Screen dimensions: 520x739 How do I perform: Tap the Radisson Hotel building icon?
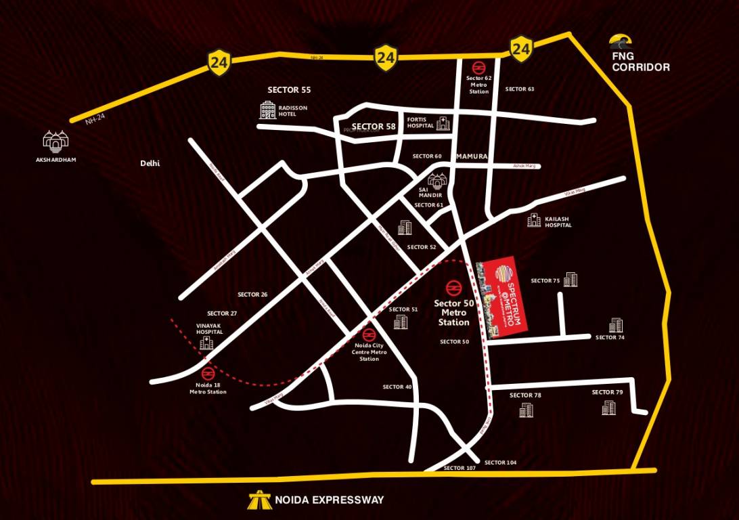(268, 110)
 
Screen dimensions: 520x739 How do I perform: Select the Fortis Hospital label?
(420, 123)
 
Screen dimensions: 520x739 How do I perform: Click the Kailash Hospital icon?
(534, 220)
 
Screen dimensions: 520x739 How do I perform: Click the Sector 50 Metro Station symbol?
(452, 287)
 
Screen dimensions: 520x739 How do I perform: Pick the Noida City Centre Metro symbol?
(369, 334)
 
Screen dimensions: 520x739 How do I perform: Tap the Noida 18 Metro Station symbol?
(208, 373)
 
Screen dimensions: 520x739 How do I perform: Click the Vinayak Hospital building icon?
(206, 344)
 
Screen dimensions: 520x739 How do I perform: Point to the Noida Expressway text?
(329, 500)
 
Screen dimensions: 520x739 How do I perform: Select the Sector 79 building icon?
(608, 408)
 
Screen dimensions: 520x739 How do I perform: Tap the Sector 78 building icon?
(526, 410)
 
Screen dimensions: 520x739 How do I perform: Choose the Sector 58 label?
(374, 127)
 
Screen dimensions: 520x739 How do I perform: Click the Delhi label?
(150, 163)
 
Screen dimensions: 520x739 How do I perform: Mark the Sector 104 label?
(501, 462)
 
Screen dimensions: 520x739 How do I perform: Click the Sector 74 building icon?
(616, 325)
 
